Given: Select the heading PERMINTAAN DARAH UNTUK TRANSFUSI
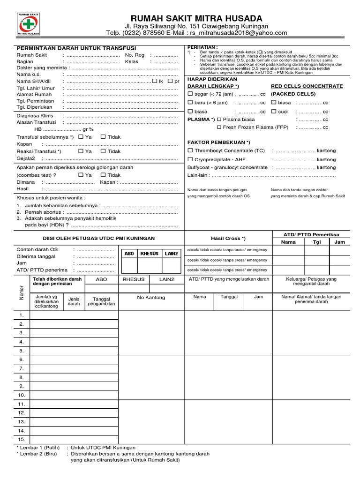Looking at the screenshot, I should tap(76, 48).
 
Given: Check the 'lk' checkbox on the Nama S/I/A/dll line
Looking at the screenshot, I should tap(155, 81).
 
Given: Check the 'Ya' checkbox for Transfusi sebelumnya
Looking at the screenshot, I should tap(81, 137).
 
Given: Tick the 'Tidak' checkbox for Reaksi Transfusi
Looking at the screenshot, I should tap(103, 151).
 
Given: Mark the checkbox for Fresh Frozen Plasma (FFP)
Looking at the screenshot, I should tap(219, 127).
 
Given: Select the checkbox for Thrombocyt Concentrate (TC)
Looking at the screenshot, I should tap(190, 150).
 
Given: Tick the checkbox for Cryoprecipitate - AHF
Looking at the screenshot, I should tap(190, 159).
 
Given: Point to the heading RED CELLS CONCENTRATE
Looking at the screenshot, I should tap(307, 87).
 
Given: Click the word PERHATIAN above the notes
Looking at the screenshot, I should tap(202, 47).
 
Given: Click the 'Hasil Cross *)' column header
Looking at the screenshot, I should tap(228, 238).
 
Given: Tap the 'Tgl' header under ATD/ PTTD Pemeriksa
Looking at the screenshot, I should tap(316, 242).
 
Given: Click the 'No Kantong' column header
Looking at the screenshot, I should tap(151, 298).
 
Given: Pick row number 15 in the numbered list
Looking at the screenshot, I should tap(21, 439).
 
